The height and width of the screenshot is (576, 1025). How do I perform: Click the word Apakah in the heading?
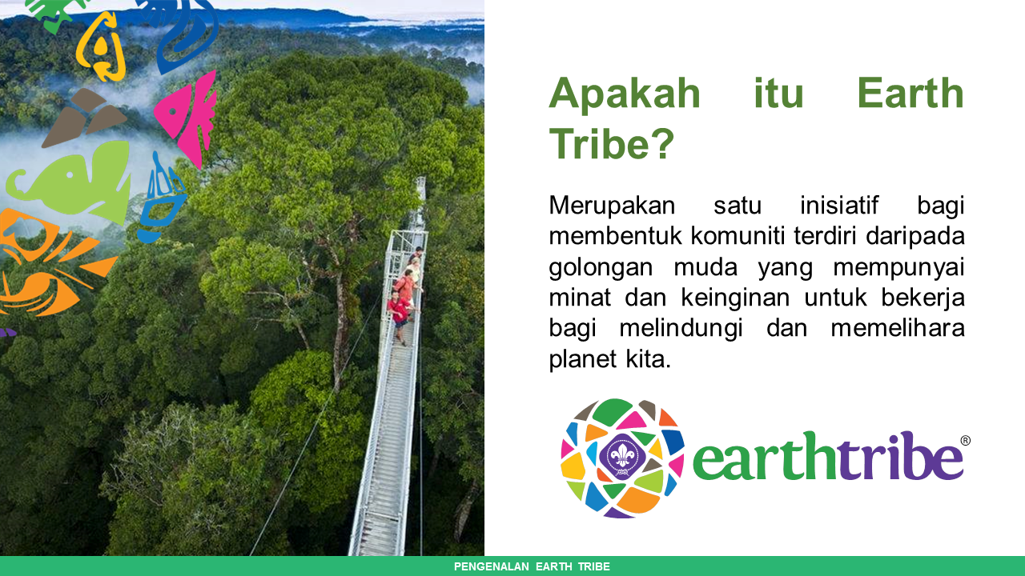625,94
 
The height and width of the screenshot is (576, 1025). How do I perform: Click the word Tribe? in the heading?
612,144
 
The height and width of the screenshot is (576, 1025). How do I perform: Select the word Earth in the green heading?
910,94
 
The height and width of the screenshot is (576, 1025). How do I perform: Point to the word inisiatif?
838,206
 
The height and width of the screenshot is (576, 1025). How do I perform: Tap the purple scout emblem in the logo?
622,458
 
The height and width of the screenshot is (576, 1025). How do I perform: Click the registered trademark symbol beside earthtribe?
965,441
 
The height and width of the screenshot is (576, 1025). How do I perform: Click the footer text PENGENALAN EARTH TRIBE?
532,566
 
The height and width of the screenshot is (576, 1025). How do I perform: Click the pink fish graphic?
189,116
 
